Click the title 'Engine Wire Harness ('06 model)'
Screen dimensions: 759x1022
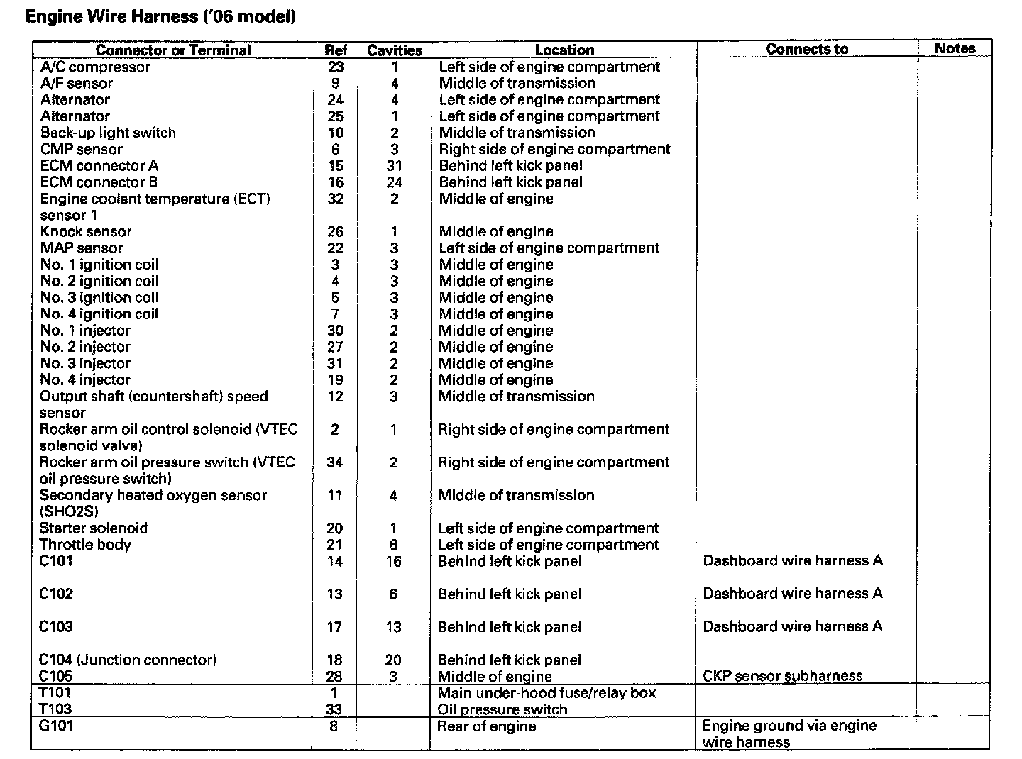coord(160,16)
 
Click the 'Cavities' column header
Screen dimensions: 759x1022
coord(395,50)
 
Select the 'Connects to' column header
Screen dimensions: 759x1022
coord(807,49)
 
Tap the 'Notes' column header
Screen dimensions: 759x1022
coord(955,48)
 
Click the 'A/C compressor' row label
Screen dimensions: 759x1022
coord(96,67)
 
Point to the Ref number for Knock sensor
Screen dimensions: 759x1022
coord(336,231)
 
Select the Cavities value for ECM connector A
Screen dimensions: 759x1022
coord(395,165)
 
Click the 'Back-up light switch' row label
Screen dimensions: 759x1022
coord(108,133)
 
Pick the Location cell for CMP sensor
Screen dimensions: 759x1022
coord(554,149)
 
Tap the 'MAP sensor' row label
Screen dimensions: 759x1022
coord(82,248)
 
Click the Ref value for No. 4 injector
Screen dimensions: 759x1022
coord(336,379)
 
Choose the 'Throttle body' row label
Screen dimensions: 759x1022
coord(85,545)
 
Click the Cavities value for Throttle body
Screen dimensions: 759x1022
coord(394,545)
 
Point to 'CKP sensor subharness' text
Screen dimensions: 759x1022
coord(783,676)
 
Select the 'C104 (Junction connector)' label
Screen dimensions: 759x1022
coord(128,660)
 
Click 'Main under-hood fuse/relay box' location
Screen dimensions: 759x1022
coord(546,692)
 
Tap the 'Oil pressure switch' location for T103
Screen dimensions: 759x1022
coord(502,709)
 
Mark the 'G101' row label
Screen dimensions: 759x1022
coord(56,726)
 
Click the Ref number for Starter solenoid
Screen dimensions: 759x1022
coord(335,528)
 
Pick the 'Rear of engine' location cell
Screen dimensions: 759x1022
coord(486,726)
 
